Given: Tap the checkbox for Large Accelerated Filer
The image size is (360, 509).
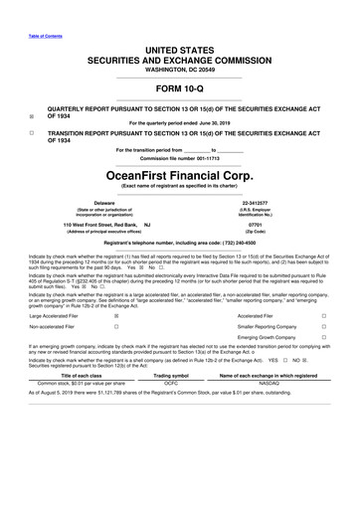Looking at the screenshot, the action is pos(116,343).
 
